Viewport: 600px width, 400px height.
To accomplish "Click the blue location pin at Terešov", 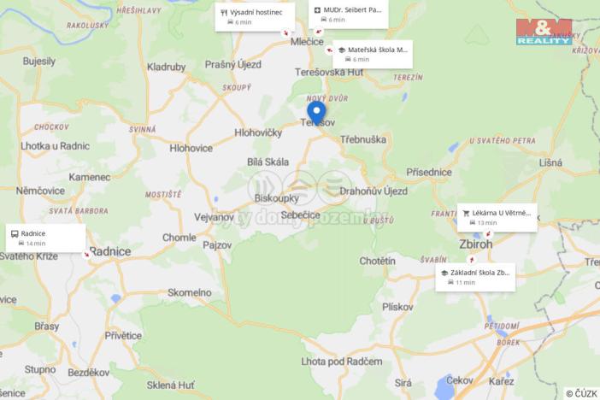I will [316, 112].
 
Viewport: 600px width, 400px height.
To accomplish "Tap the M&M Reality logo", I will [544, 31].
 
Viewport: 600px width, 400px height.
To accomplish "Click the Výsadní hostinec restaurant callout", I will [256, 16].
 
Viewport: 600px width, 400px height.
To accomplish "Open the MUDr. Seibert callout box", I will [350, 14].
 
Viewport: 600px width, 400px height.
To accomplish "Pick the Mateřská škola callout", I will [372, 54].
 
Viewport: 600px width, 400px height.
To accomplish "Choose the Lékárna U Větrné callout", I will [497, 217].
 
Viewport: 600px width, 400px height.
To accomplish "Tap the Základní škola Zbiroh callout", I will [474, 277].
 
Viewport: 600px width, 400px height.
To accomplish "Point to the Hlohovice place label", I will [191, 148].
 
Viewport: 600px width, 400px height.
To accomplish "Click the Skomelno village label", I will [189, 292].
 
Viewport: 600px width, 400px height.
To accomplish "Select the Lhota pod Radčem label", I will [342, 362].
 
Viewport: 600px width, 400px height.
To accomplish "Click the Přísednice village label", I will [429, 172].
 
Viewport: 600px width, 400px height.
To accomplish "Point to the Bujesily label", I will [39, 62].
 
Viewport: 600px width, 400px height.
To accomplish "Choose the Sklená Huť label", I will [172, 385].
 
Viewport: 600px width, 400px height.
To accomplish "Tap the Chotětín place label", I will [377, 260].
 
